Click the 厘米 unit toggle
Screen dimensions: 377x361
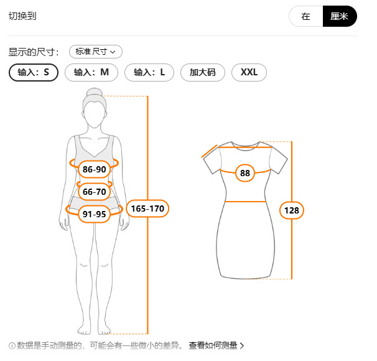click(x=339, y=17)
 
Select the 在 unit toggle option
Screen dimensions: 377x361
click(x=305, y=17)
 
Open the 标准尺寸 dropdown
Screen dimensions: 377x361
click(x=95, y=52)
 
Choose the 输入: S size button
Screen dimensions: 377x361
click(x=34, y=72)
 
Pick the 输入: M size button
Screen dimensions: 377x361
click(x=91, y=72)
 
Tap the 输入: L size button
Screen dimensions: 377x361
click(x=149, y=72)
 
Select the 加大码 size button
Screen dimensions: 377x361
click(x=202, y=72)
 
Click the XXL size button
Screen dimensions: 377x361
click(x=249, y=72)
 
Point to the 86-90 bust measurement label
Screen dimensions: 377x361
click(x=95, y=169)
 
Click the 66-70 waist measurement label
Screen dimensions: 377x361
click(x=95, y=192)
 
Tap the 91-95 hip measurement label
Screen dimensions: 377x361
click(x=95, y=214)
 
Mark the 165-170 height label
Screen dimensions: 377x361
click(x=148, y=209)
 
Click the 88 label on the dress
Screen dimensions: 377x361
click(x=245, y=173)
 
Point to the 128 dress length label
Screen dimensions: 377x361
click(x=291, y=210)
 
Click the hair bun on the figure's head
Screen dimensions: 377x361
click(x=95, y=93)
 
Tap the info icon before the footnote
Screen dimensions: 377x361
click(x=12, y=345)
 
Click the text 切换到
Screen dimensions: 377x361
click(x=22, y=16)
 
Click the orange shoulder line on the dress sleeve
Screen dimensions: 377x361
click(x=210, y=151)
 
